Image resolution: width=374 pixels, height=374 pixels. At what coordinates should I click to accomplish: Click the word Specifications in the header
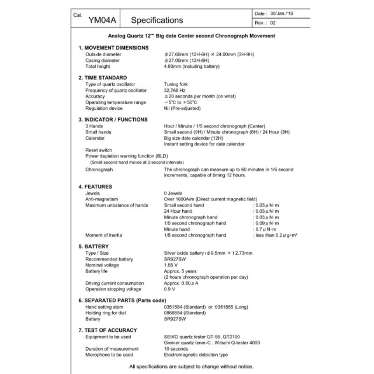click(157, 20)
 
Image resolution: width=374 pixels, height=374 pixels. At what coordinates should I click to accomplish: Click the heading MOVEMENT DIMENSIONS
click(116, 48)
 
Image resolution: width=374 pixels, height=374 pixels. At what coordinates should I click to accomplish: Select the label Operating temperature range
click(115, 102)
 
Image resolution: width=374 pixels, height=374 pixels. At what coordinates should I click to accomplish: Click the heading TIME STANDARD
click(105, 78)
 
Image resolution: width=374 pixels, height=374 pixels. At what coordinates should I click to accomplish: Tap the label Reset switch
click(99, 150)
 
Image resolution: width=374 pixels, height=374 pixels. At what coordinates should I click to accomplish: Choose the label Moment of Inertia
click(103, 235)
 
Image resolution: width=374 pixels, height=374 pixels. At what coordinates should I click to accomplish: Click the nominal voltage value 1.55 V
click(172, 265)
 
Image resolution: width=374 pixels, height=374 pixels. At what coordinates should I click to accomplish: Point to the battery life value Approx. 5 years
click(180, 271)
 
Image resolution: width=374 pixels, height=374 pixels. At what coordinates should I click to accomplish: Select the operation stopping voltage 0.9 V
click(170, 289)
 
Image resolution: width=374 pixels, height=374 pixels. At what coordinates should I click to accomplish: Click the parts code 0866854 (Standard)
click(185, 313)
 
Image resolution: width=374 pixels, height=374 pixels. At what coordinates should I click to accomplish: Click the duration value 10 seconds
click(176, 349)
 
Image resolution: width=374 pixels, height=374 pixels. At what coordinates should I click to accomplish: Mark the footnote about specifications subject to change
click(191, 366)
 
